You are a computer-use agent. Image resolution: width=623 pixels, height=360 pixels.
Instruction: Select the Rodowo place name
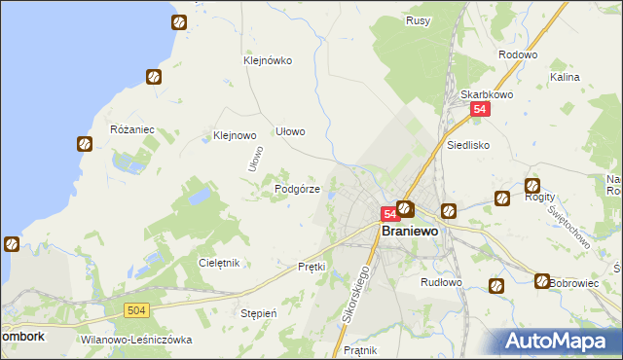[517, 54]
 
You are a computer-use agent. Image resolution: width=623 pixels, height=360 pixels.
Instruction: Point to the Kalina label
[565, 76]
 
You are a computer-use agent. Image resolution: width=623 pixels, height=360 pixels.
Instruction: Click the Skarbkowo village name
[486, 94]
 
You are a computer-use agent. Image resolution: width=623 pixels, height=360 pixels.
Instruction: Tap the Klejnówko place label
[268, 59]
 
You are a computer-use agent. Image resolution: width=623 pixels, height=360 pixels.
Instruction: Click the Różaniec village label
[133, 129]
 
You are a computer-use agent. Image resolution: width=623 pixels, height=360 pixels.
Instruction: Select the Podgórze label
[298, 189]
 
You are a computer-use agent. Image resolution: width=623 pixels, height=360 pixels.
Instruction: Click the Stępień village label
[259, 313]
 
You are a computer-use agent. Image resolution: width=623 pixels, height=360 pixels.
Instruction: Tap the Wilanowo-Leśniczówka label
[137, 340]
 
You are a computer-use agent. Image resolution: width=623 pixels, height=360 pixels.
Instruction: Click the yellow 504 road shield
[136, 309]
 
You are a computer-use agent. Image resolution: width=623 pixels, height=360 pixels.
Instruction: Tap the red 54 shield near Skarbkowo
[479, 111]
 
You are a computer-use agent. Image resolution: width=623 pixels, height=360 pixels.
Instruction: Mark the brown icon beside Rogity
[532, 185]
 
